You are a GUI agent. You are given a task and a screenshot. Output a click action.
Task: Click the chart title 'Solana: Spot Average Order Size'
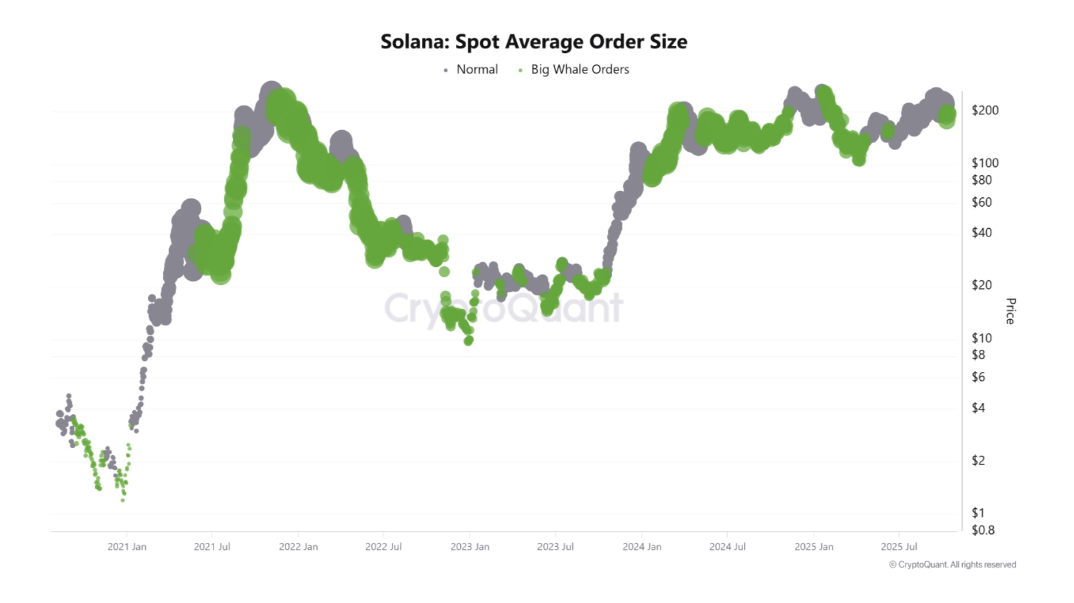[x=534, y=42]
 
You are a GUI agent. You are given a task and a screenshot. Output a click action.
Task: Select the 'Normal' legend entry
[x=476, y=69]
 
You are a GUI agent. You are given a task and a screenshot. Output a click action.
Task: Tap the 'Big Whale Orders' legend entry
[x=579, y=69]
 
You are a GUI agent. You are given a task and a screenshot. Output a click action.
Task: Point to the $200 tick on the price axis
[x=985, y=110]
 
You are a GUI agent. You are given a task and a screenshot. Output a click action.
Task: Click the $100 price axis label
[x=985, y=163]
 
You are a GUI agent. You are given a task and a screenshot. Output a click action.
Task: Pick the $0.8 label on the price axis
[x=982, y=530]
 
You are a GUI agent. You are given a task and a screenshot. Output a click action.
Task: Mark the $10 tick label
[x=981, y=338]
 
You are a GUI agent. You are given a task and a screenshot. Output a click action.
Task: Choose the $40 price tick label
[x=981, y=233]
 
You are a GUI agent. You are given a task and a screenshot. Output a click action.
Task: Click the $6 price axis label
[x=978, y=377]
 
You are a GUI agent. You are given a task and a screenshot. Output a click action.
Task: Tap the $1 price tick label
[x=978, y=513]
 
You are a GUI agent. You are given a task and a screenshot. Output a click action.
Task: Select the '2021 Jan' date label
[x=127, y=547]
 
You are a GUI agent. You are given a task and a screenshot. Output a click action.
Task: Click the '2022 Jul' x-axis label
[x=383, y=547]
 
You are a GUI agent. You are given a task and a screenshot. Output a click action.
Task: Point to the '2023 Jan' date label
[x=470, y=547]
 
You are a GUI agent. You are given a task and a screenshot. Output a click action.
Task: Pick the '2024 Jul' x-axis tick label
[x=727, y=547]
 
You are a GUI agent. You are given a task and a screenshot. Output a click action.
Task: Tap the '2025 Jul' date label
[x=899, y=547]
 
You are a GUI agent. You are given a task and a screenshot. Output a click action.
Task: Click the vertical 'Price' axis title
[x=1010, y=311]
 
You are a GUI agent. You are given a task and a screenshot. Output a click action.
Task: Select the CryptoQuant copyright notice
[x=952, y=564]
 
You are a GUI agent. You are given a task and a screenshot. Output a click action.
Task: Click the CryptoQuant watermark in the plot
[x=503, y=308]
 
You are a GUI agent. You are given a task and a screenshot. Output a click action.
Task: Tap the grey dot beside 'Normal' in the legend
[x=445, y=70]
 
